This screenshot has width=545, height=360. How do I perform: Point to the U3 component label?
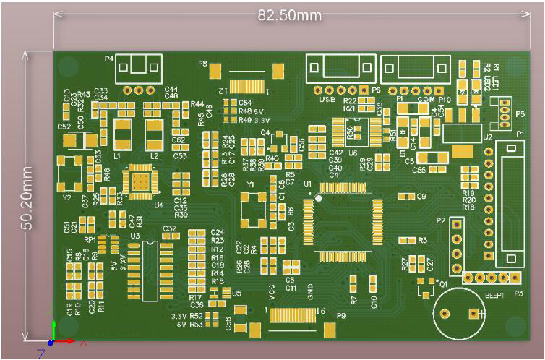134,236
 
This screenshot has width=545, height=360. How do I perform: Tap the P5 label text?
520,115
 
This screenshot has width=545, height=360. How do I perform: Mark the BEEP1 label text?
493,295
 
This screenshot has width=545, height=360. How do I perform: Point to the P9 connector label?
340,316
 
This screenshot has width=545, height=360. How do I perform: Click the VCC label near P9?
272,293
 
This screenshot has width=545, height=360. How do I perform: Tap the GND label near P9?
310,293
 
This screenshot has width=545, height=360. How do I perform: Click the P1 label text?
520,134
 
